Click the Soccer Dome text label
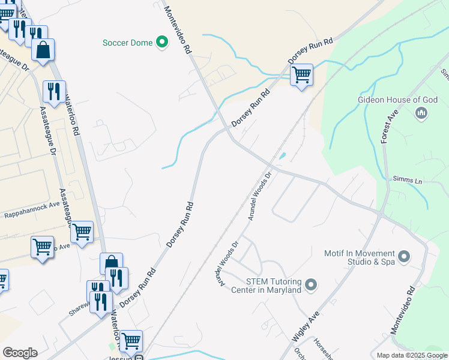pos(127,43)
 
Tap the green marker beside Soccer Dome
pos(161,42)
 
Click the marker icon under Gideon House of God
pos(421,112)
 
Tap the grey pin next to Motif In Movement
pos(404,257)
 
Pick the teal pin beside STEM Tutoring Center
pos(310,285)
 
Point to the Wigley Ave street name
pos(306,326)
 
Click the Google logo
pos(20,352)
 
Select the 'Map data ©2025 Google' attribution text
pos(411,355)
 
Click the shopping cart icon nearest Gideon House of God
pos(301,75)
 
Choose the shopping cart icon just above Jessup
pos(130,341)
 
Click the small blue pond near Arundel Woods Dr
pos(282,156)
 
